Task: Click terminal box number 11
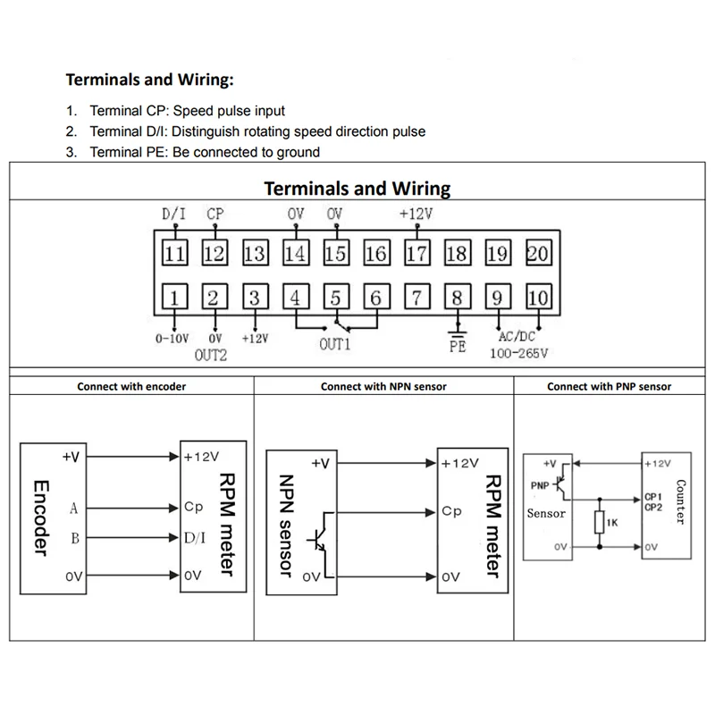[x=174, y=253]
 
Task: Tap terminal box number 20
[x=538, y=253]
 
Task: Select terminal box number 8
[x=457, y=297]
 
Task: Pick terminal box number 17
[x=416, y=253]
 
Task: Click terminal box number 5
[x=335, y=297]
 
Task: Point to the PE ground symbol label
[x=458, y=347]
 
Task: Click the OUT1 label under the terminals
[x=335, y=342]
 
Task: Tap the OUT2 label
[x=211, y=354]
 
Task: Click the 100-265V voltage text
[x=518, y=353]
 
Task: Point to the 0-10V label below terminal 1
[x=173, y=339]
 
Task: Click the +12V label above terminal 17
[x=416, y=214]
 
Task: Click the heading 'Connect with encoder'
[x=131, y=387]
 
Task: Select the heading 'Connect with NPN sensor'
[x=383, y=387]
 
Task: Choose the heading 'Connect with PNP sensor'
[x=609, y=387]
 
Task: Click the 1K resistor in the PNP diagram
[x=600, y=522]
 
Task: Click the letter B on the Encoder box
[x=74, y=538]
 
